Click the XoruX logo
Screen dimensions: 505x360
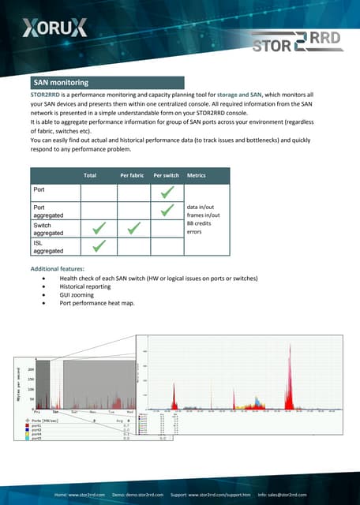(x=54, y=29)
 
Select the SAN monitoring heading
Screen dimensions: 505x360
(x=60, y=82)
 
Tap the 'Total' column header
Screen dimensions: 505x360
(x=90, y=174)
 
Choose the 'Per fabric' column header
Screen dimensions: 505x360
(x=133, y=174)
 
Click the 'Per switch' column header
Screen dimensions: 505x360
(x=167, y=174)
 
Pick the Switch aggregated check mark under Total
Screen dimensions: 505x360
(x=99, y=228)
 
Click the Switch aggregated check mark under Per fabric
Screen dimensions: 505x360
(x=133, y=228)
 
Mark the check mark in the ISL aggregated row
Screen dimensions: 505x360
(x=99, y=247)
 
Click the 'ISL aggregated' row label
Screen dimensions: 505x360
(x=48, y=247)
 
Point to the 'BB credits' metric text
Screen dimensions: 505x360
(x=201, y=224)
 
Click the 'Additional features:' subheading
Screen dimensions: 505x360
(x=55, y=270)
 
